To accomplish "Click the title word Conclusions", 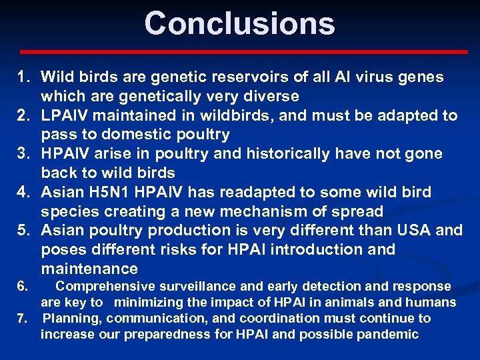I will tap(239, 23).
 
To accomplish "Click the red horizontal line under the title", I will tap(243, 51).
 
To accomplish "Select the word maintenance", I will tap(89, 269).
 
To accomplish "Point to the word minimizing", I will tap(148, 303).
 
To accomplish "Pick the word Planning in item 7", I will tap(69, 319).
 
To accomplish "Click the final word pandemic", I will tap(389, 335).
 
